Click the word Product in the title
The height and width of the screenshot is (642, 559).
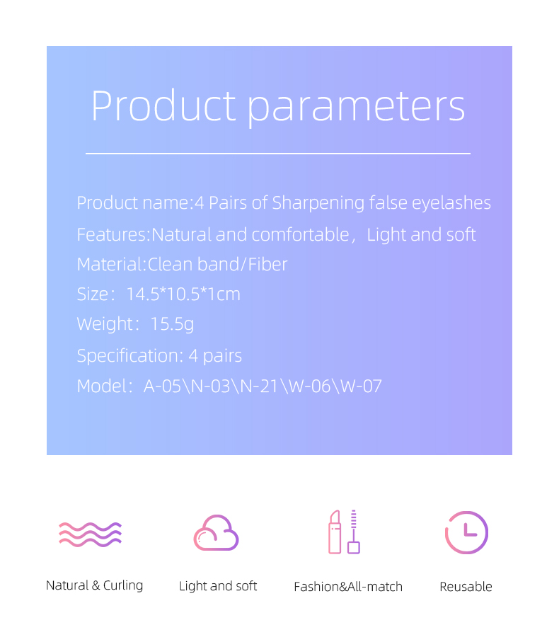pos(163,105)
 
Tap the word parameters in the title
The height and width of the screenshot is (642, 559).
pos(357,108)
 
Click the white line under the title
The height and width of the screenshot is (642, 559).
pos(278,154)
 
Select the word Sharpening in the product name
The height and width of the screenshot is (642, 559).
pos(318,203)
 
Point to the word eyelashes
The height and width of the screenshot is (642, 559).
pos(451,203)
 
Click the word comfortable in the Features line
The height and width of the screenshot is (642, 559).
pos(300,235)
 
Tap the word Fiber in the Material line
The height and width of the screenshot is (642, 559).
pos(267,265)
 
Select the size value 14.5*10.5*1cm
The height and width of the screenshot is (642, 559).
pos(183,294)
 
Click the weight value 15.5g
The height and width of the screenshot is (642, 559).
pos(172,325)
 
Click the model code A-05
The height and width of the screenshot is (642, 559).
pos(162,386)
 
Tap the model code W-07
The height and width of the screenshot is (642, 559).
pos(361,386)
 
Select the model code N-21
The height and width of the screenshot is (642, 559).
pos(259,386)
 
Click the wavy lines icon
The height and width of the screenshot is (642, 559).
pos(90,534)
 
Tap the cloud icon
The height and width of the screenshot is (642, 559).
pos(216,532)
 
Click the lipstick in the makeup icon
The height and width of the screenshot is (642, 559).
pos(335,532)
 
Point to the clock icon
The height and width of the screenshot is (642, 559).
pos(466,532)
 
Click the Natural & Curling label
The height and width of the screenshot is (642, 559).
pos(95,585)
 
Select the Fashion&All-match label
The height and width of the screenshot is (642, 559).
pos(348,587)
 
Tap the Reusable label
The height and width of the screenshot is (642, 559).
pos(466,587)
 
